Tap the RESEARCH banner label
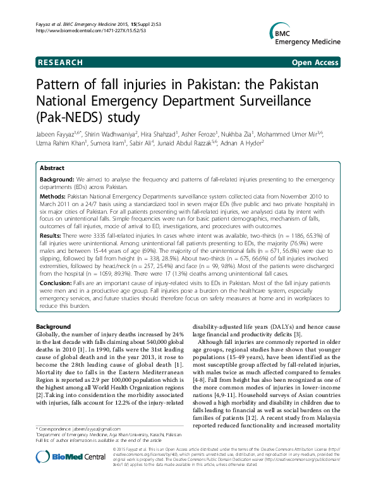pyautogui.click(x=60, y=63)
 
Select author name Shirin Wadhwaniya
pyautogui.click(x=105, y=134)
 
